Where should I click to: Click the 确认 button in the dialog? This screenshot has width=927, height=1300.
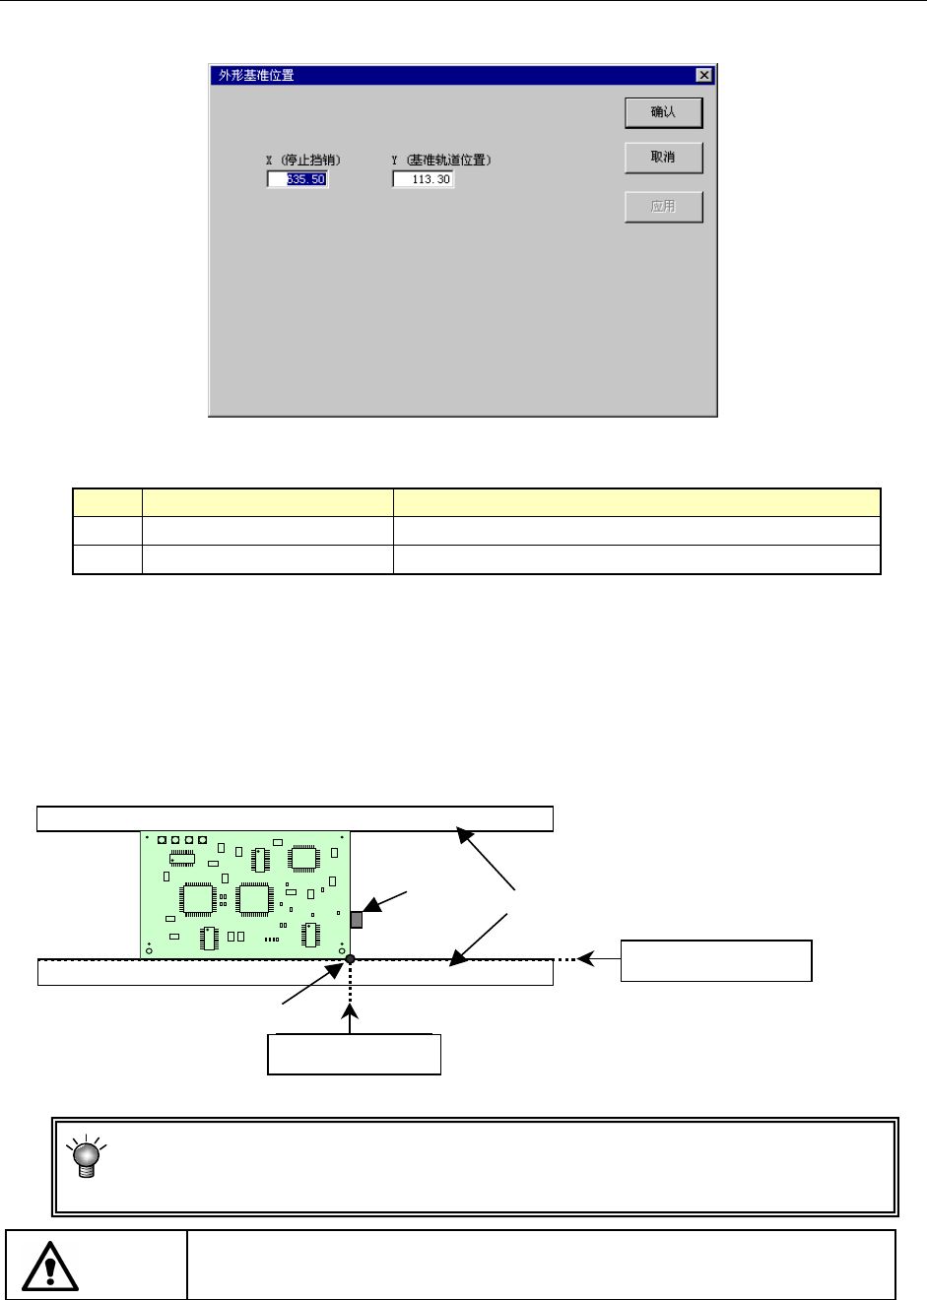(663, 112)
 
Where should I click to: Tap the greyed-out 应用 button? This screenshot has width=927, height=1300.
(663, 207)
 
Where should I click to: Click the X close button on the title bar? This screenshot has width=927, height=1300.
(703, 75)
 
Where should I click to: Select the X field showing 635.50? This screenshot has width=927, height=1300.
(298, 179)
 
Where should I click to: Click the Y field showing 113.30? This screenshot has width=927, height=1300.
(423, 179)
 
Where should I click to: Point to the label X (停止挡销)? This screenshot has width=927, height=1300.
(303, 160)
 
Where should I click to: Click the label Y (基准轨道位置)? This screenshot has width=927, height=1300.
(440, 160)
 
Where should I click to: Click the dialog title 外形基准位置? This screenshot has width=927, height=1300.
(256, 75)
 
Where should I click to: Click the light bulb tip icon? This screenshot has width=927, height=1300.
(87, 1157)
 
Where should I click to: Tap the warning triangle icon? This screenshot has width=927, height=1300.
(50, 1267)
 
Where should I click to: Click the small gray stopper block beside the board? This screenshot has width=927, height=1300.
(357, 920)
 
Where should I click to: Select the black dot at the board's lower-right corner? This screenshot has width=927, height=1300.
(350, 958)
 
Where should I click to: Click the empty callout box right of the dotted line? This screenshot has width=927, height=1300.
(716, 960)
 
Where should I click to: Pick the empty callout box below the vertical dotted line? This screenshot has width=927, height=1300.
(354, 1054)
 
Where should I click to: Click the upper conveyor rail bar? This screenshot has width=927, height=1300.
(295, 818)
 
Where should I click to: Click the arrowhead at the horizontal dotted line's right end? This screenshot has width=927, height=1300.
(585, 957)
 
